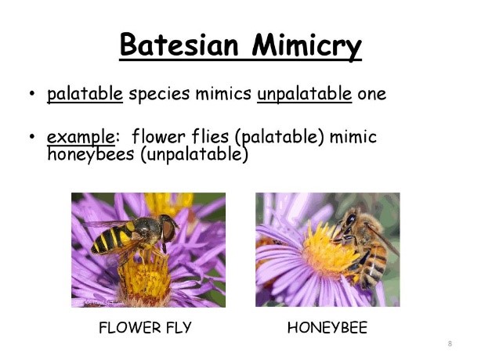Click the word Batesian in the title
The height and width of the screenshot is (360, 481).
179,45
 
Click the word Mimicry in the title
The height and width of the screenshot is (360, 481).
306,47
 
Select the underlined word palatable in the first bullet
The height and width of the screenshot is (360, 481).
85,93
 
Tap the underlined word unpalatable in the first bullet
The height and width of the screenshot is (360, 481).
304,93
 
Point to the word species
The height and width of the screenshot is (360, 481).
159,94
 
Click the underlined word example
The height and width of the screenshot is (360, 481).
81,137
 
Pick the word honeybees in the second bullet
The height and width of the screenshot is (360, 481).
91,154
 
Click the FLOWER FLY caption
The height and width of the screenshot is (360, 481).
145,328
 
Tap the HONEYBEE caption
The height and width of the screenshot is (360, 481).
327,328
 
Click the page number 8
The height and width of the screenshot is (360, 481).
450,344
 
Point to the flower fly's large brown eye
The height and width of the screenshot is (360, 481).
168,230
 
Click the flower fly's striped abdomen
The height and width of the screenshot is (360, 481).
113,238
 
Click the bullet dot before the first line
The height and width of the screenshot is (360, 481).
31,93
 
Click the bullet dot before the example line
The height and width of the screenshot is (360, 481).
31,137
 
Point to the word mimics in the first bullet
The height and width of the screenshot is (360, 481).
223,93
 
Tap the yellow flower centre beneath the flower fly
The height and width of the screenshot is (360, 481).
144,277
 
